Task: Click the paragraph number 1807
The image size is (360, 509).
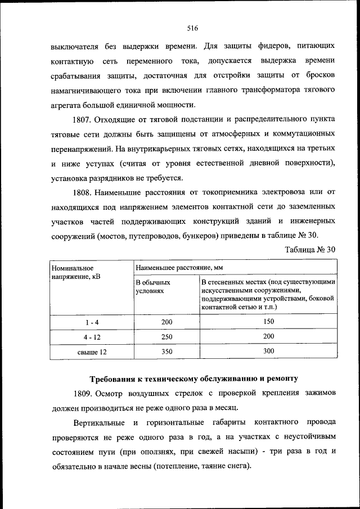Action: (x=82, y=119)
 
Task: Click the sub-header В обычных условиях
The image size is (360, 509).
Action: (x=153, y=287)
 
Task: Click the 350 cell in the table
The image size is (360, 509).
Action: (x=166, y=352)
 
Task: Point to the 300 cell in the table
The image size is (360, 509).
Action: (x=268, y=351)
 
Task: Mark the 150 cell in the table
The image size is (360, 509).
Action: (x=268, y=322)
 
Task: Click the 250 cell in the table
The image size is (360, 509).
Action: (x=166, y=336)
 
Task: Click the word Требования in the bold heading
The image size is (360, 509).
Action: (x=115, y=377)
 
